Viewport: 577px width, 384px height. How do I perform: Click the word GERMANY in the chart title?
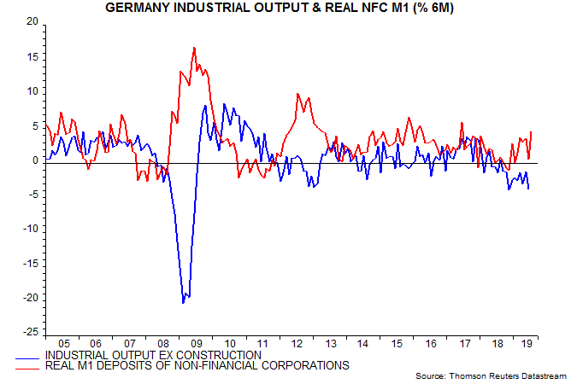pos(138,8)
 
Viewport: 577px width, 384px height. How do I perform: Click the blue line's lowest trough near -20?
pos(183,303)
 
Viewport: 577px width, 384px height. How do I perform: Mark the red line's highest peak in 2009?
pos(195,48)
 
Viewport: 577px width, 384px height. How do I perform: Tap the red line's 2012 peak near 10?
pos(297,94)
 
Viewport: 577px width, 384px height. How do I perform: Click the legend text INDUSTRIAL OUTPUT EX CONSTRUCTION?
pos(152,354)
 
